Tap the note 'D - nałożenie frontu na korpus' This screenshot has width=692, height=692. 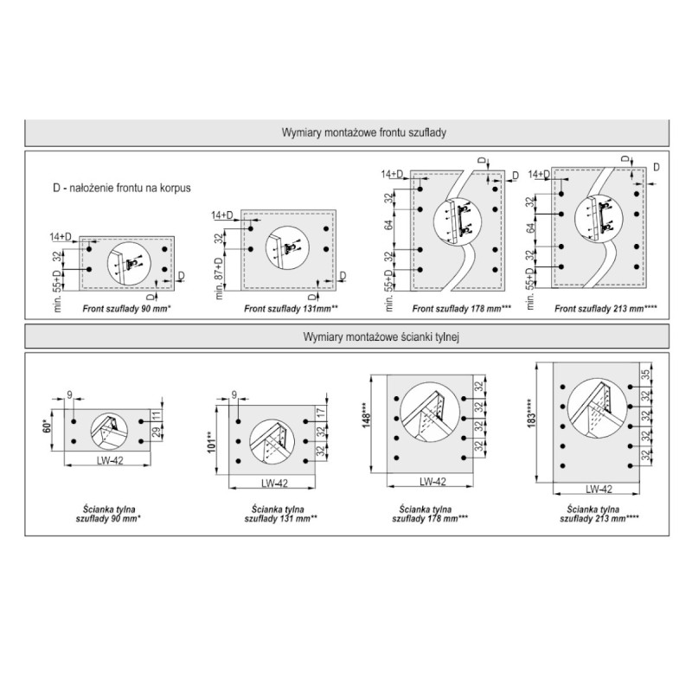pyautogui.click(x=121, y=187)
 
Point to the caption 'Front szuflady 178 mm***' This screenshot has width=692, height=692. pyautogui.click(x=452, y=307)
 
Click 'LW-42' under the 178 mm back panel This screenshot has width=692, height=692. pyautogui.click(x=432, y=482)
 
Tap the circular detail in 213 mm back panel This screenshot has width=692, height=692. pyautogui.click(x=597, y=415)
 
